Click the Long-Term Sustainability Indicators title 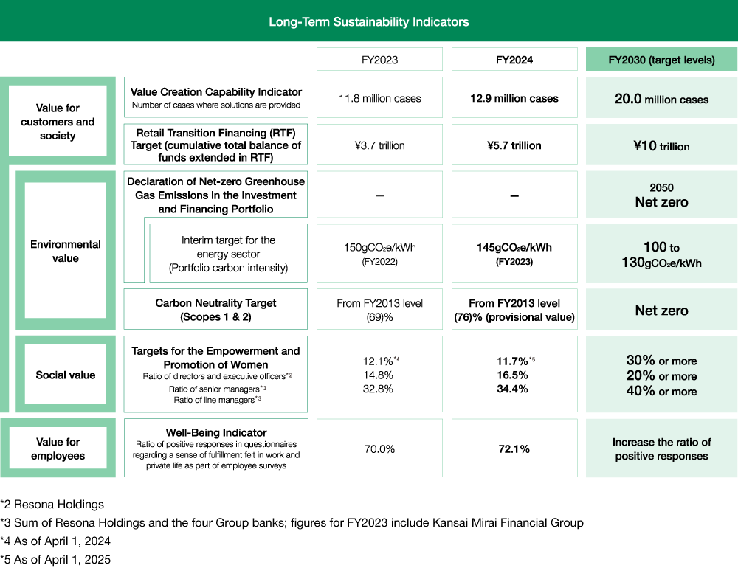(x=368, y=21)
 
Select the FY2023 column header (x=380, y=60)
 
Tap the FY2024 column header (x=514, y=60)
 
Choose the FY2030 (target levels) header (x=661, y=60)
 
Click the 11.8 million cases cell (x=380, y=98)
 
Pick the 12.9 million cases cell (x=514, y=98)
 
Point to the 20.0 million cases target (x=661, y=99)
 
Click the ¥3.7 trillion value (x=380, y=145)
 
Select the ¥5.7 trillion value (x=514, y=145)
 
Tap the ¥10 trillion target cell (x=661, y=146)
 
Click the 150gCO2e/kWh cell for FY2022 (x=380, y=253)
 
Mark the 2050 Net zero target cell (x=661, y=195)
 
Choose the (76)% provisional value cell (x=514, y=310)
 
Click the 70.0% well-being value (x=380, y=448)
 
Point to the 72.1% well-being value (x=514, y=448)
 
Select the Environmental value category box (x=66, y=251)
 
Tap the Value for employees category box (x=58, y=448)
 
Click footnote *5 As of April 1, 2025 (x=55, y=559)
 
